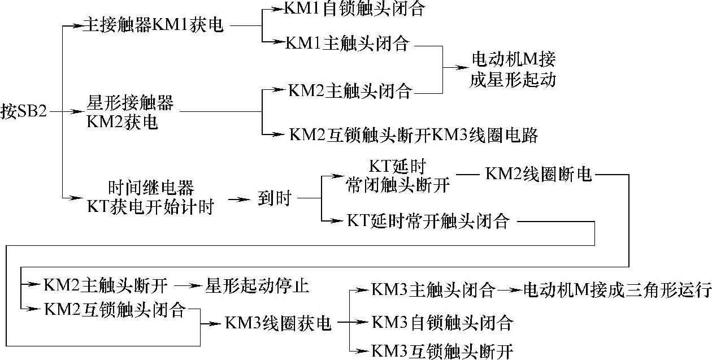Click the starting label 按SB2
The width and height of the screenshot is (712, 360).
click(23, 111)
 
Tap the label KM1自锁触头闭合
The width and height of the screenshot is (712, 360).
click(354, 10)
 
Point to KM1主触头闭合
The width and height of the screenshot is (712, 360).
click(348, 44)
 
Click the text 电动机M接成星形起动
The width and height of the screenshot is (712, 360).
click(513, 70)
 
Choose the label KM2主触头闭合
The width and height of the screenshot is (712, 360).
click(350, 91)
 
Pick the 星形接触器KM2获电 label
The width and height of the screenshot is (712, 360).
click(130, 113)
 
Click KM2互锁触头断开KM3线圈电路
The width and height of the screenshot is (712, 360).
click(413, 135)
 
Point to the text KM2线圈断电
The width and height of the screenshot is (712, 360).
click(539, 175)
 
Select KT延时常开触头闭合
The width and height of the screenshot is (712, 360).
click(428, 221)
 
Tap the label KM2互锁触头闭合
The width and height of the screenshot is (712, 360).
click(114, 309)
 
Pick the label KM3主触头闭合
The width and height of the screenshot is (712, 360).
click(433, 290)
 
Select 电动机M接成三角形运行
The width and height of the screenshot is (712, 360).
click(617, 290)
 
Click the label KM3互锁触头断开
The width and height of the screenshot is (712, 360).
click(442, 351)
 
